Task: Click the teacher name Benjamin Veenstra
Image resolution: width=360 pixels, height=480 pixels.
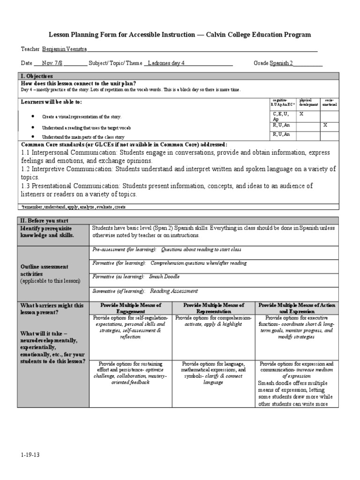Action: tap(64, 49)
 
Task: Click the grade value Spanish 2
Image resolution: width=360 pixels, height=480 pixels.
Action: tap(281, 63)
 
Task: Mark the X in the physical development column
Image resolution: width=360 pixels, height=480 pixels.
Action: tap(301, 114)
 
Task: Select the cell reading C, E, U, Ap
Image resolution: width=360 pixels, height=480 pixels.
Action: tap(281, 116)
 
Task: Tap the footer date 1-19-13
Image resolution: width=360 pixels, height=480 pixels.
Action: tap(29, 455)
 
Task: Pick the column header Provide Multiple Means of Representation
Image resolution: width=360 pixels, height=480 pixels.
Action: tap(214, 308)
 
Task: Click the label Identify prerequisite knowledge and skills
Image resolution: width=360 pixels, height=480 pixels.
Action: tap(47, 232)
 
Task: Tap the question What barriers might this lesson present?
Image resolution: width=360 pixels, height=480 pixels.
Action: tap(52, 308)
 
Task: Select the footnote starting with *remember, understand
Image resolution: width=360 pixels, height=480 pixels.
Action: tap(74, 207)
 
